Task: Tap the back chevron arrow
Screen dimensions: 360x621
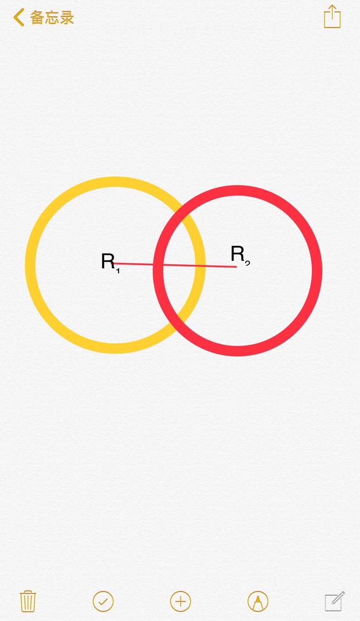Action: [x=19, y=18]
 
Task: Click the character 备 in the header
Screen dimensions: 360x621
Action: [x=37, y=18]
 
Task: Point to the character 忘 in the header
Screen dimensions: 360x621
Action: [x=52, y=18]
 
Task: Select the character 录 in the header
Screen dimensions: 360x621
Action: [x=67, y=18]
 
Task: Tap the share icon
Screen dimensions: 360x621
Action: [x=332, y=17]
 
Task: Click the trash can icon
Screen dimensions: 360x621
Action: [x=28, y=601]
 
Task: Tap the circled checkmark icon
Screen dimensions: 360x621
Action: [x=103, y=602]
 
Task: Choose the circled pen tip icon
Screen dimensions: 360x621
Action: [x=258, y=602]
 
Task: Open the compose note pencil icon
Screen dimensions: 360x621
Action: [x=335, y=601]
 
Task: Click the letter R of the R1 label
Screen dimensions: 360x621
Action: [x=108, y=262]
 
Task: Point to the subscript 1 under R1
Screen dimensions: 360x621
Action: [x=118, y=271]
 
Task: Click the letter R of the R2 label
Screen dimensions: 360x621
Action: [x=237, y=254]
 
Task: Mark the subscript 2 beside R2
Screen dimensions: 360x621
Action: [x=247, y=263]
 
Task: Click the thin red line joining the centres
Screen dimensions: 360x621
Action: [x=175, y=265]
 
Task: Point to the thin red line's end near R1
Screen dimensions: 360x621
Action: [x=114, y=263]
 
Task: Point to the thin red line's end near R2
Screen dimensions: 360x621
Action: [x=236, y=267]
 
